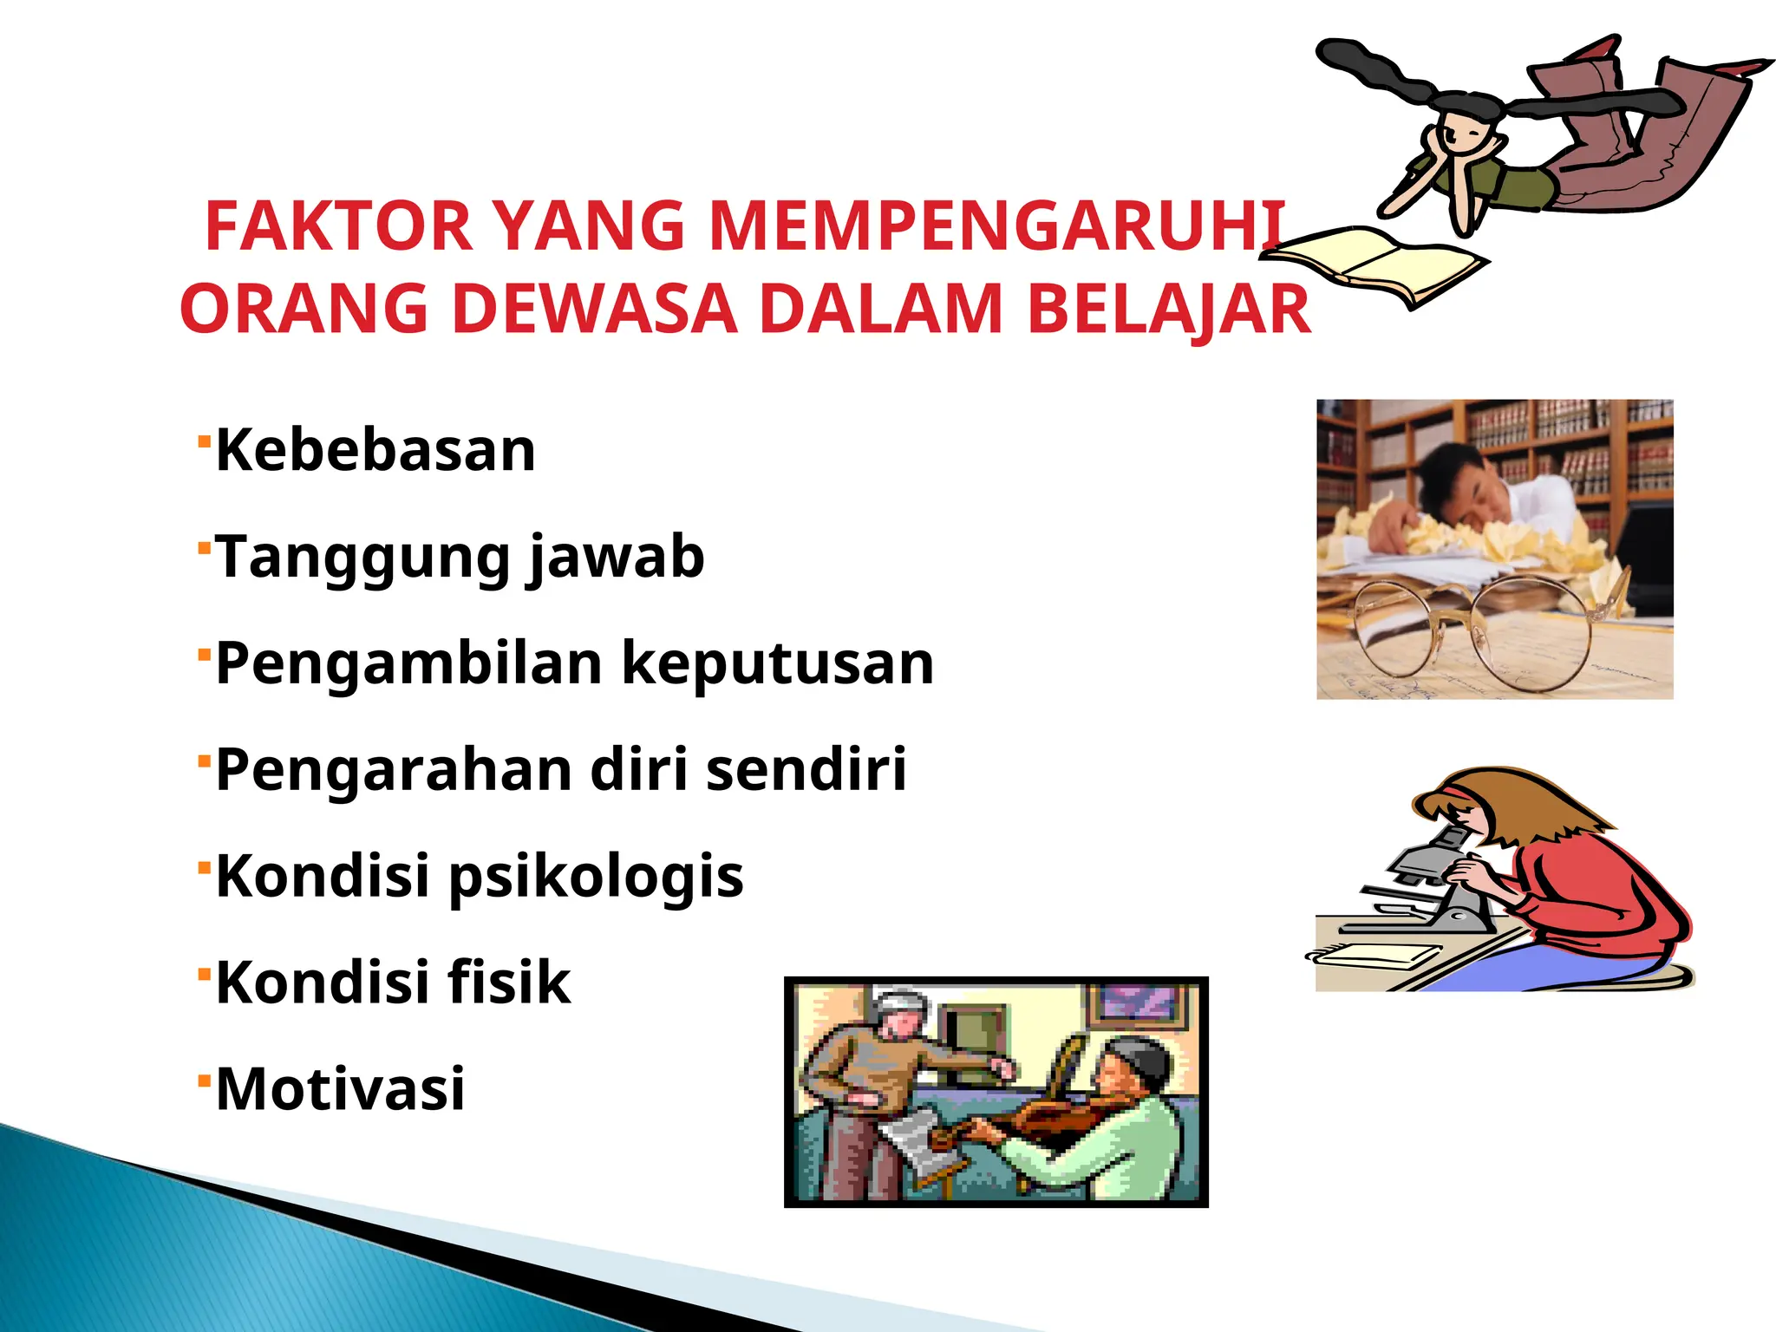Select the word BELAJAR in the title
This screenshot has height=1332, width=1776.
[1168, 310]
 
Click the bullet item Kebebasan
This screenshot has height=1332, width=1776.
[375, 451]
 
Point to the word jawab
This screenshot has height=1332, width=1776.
[617, 558]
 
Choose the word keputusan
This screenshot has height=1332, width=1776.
[778, 664]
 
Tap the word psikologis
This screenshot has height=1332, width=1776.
[596, 877]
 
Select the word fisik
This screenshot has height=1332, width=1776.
[509, 983]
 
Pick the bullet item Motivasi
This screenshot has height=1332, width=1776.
[340, 1089]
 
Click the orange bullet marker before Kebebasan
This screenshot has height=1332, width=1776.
[205, 441]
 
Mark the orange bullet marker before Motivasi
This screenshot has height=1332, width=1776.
[205, 1080]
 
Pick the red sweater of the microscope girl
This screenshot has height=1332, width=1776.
[1604, 902]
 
